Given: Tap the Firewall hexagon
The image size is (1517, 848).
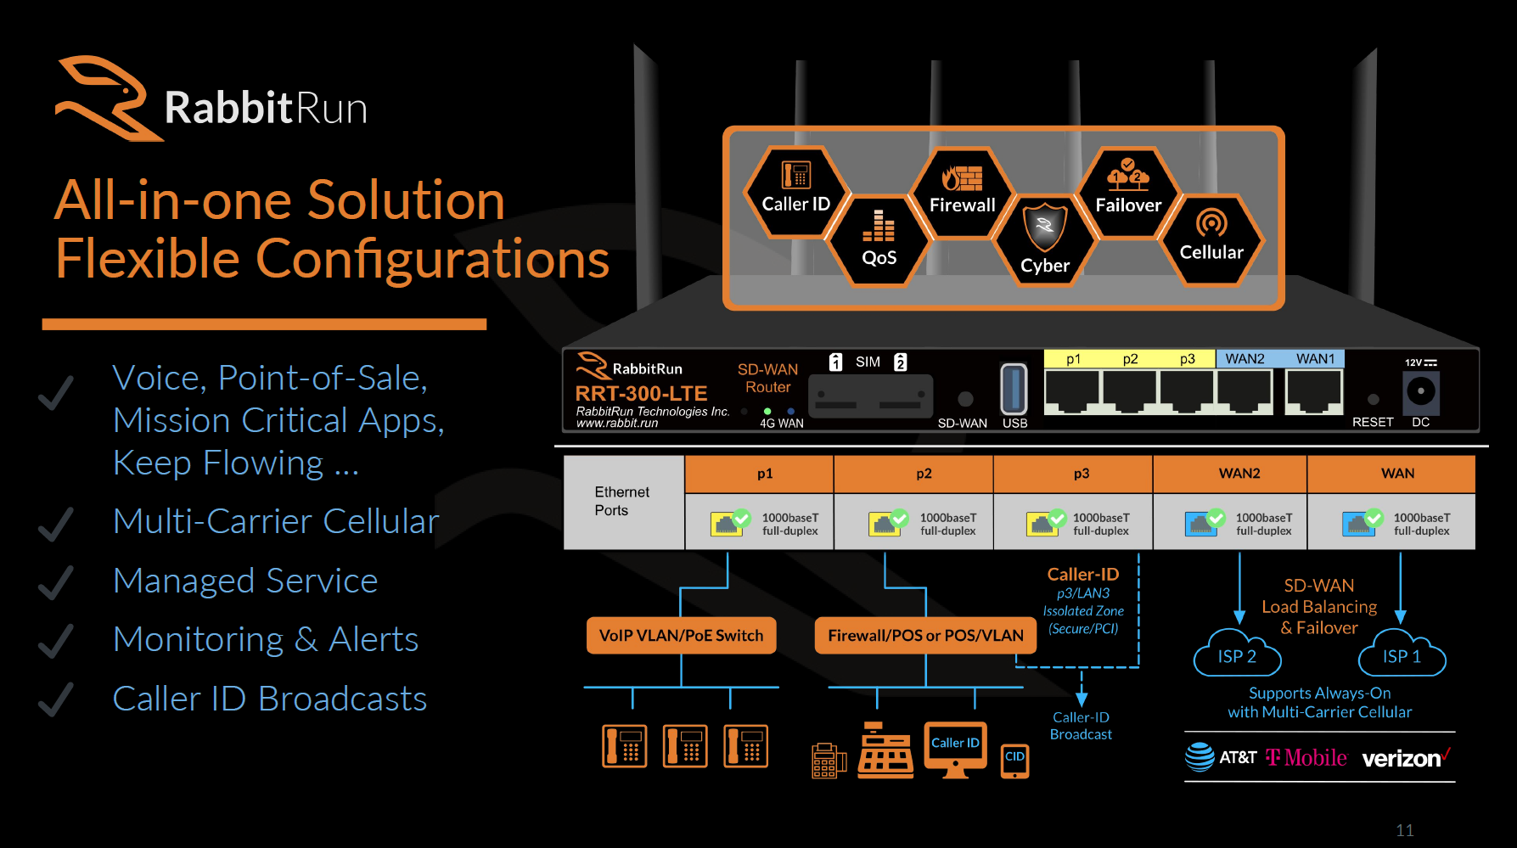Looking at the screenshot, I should tap(962, 191).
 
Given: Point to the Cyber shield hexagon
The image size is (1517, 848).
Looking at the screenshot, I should tap(1045, 239).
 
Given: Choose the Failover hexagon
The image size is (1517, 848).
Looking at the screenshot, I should tap(1128, 191).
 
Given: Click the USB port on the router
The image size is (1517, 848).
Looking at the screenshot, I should tap(1014, 390).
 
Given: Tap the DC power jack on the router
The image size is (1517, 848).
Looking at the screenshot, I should tap(1421, 391).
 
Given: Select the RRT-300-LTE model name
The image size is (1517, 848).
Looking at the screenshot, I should tap(641, 394).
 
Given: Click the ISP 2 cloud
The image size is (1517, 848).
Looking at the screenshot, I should tap(1237, 655).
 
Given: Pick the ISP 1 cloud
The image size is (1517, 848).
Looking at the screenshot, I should tap(1402, 655).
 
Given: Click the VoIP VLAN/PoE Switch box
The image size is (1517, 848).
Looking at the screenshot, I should tap(681, 636).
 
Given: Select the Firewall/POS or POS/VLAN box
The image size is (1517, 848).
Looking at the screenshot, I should tap(925, 636).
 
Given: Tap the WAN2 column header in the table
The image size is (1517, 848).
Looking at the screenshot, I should tap(1239, 474).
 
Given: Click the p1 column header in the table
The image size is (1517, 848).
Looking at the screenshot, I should tap(765, 474).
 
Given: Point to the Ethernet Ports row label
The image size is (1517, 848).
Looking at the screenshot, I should tap(622, 502).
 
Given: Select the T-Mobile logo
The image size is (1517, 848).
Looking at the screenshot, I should tap(1306, 757).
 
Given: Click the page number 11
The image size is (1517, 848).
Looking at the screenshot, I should tap(1405, 830).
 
